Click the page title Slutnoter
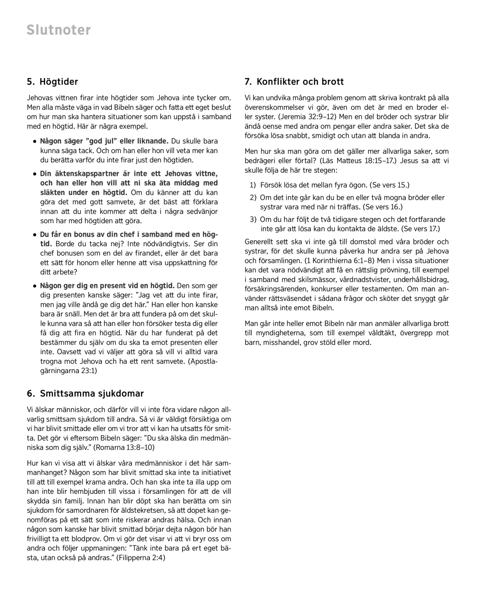tap(59, 30)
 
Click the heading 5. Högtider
tap(52, 82)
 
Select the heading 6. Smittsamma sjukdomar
tap(85, 393)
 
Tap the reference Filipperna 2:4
tap(141, 558)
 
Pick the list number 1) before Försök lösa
tap(253, 185)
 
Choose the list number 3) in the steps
tap(253, 219)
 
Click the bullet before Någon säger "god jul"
tap(35, 141)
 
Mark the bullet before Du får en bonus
tap(35, 234)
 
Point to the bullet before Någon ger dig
tap(35, 286)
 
